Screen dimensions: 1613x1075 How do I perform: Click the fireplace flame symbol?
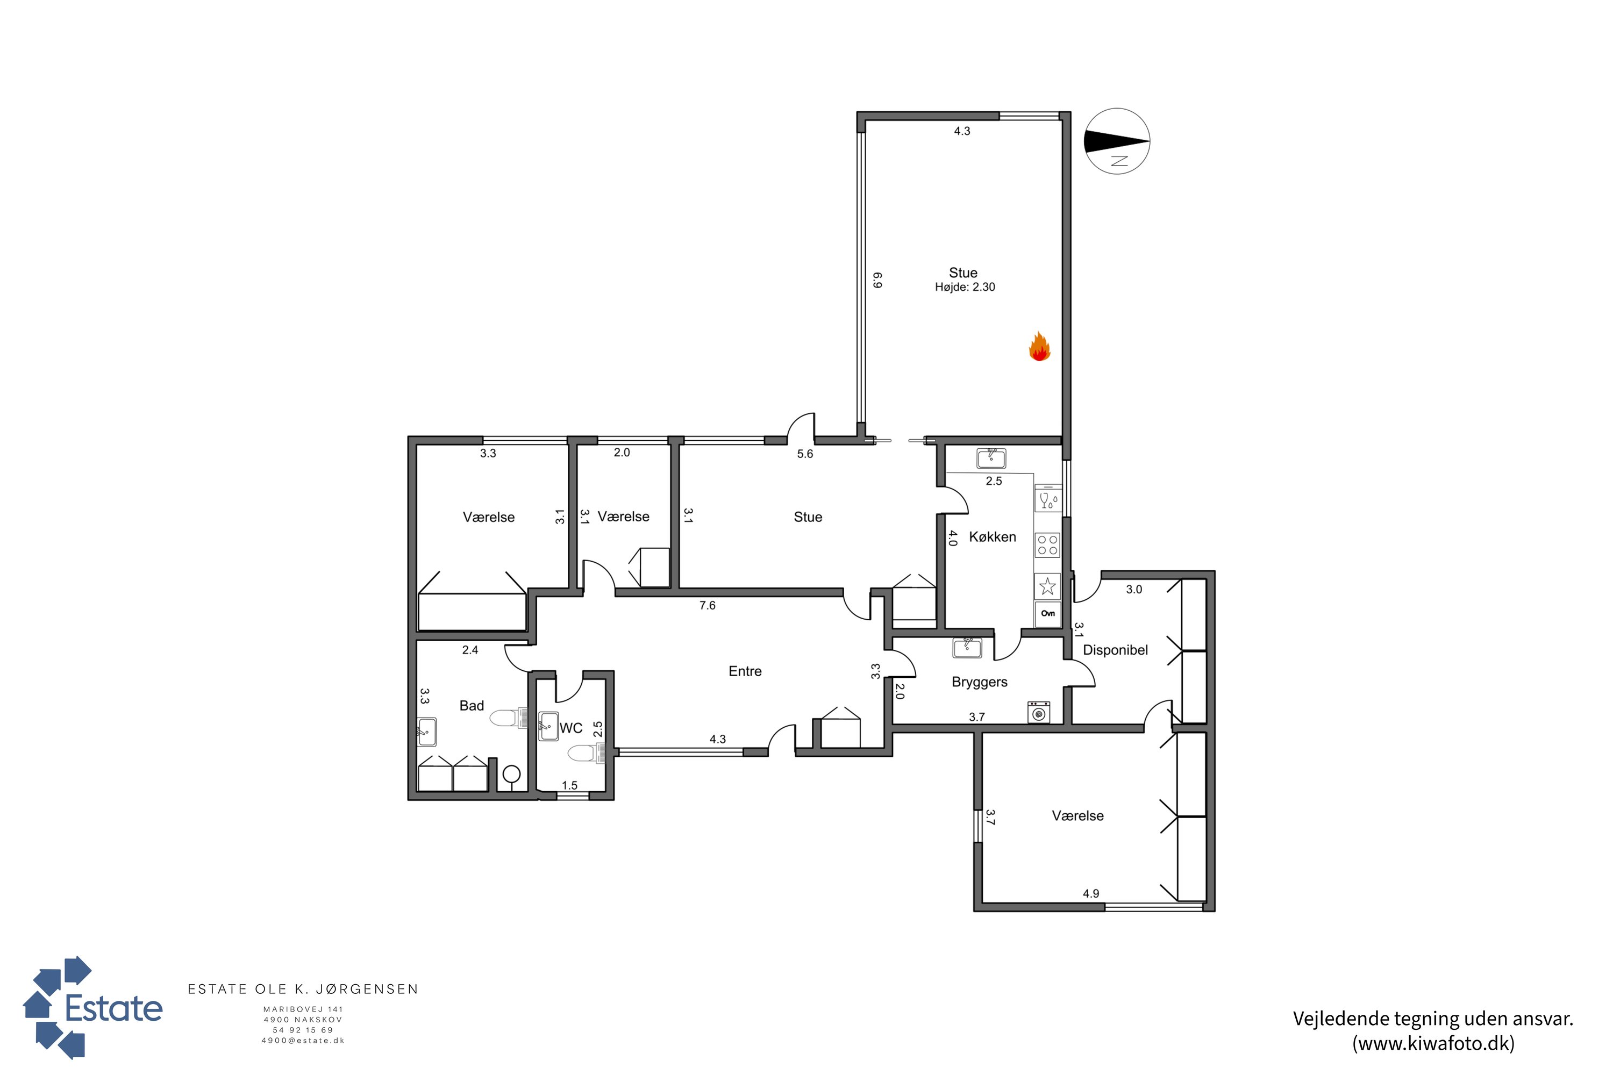point(1040,347)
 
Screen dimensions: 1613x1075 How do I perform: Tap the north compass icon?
point(1117,141)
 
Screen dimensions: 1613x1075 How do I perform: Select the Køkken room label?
point(993,537)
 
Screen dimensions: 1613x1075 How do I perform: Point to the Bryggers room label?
point(979,682)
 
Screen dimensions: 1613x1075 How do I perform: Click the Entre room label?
point(745,671)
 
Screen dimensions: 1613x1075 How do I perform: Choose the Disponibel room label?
point(1115,650)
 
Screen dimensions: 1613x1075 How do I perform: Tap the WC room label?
point(570,728)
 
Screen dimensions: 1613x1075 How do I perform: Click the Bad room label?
point(472,705)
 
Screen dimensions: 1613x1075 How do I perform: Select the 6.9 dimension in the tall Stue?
point(877,279)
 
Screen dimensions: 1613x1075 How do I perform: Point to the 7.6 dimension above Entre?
point(707,605)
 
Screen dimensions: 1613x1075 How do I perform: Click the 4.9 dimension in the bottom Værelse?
point(1090,893)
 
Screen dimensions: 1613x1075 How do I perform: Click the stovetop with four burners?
point(1047,546)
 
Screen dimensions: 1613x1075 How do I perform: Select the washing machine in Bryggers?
point(1039,712)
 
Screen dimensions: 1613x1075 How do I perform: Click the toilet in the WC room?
point(585,754)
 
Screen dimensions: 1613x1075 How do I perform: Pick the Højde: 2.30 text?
point(965,287)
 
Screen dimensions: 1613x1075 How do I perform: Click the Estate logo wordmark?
point(114,1008)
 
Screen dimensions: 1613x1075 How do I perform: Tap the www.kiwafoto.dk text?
point(1433,1043)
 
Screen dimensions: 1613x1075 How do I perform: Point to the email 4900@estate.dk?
point(303,1041)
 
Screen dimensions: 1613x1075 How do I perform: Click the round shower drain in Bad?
point(511,774)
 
